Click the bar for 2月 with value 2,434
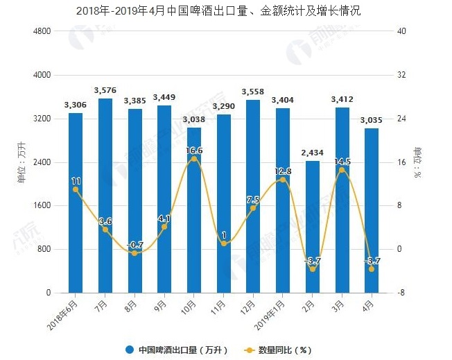[x=312, y=226]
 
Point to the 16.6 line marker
[x=194, y=159]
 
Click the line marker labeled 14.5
[x=342, y=170]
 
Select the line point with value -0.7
[x=135, y=253]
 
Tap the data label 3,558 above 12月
[x=253, y=92]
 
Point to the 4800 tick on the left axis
[x=41, y=32]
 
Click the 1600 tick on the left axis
[x=41, y=206]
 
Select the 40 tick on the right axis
[x=401, y=32]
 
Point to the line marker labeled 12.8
[x=283, y=180]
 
